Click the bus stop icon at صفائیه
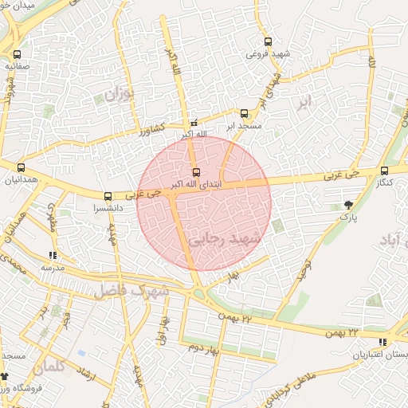[18, 55]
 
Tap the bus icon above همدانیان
[21, 168]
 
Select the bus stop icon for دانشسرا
[108, 196]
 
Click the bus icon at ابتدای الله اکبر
[196, 172]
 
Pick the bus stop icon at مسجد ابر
[244, 114]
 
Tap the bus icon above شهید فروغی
[267, 42]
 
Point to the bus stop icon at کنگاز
[385, 171]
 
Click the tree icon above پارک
[347, 205]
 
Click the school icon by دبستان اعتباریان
[383, 343]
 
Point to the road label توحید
[304, 269]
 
